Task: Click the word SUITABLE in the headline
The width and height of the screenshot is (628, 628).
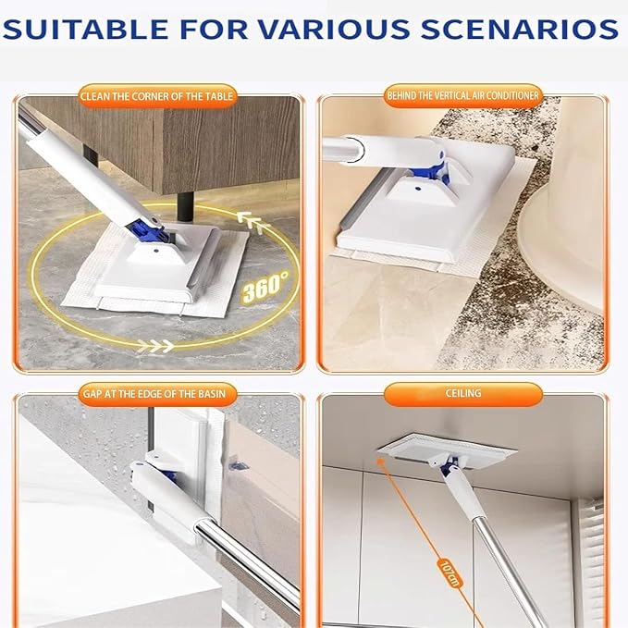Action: pos(85,29)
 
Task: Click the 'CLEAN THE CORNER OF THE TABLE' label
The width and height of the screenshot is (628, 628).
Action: pos(156,96)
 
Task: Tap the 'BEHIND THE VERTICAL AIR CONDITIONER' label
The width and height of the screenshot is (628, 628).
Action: pos(463,95)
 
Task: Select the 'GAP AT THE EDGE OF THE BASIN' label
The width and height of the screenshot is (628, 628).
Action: pos(154,394)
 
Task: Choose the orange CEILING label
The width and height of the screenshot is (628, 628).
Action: pos(463,393)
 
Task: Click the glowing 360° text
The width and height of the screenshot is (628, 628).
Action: pos(265,287)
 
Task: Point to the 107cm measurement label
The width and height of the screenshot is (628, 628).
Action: pos(449,573)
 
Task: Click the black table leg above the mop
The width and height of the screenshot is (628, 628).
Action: pos(185,206)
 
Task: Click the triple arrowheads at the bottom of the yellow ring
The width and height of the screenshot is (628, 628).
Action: pos(155,345)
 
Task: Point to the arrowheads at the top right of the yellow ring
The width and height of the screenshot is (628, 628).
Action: pos(252,221)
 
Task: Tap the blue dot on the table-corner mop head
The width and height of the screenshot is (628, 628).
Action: pos(155,252)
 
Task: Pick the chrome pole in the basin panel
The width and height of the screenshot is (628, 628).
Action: pos(248,565)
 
